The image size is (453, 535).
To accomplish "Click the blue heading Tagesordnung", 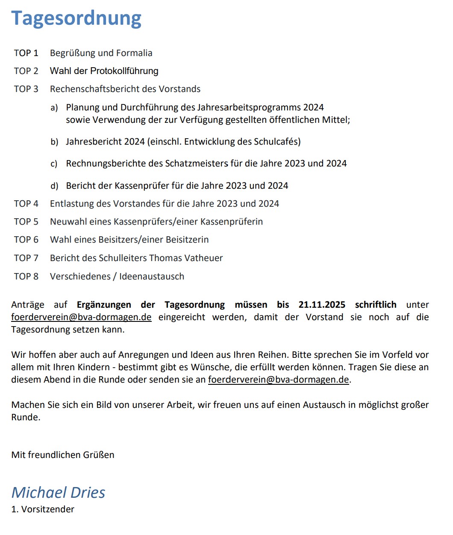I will click(x=76, y=18).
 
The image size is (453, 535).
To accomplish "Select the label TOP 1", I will click(x=26, y=53).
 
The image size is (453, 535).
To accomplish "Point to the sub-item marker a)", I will click(x=54, y=107).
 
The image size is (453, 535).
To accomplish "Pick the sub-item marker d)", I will click(x=54, y=186).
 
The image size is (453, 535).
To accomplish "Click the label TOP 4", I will click(x=26, y=204).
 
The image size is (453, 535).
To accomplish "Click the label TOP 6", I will click(x=26, y=240).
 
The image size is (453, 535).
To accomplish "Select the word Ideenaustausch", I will click(x=152, y=276).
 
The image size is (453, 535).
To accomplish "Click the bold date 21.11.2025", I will click(x=322, y=305).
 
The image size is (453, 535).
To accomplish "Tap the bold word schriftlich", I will click(x=376, y=305).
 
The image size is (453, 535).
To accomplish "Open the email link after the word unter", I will click(x=81, y=317).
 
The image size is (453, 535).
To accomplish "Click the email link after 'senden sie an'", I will click(x=278, y=380).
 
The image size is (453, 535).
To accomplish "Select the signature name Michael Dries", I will click(x=58, y=493).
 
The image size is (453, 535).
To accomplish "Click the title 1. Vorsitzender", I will click(x=43, y=509).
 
